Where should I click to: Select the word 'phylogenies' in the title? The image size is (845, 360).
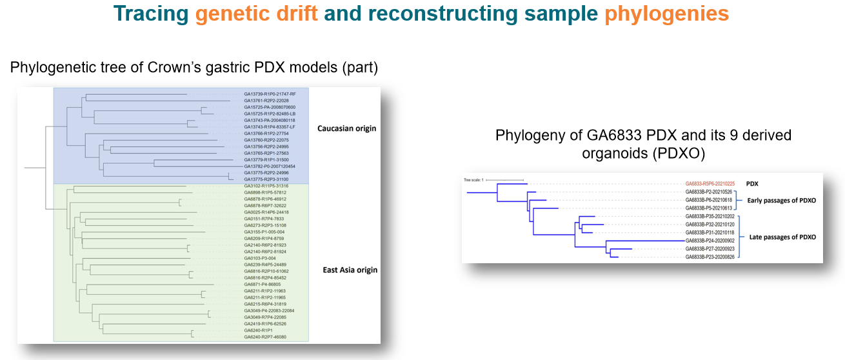pos(667,14)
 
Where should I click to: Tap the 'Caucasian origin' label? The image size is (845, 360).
pos(346,128)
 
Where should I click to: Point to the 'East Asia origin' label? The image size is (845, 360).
pos(350,270)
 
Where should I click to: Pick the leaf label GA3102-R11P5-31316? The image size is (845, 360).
pos(266,186)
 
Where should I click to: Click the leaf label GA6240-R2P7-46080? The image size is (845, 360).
pos(265,337)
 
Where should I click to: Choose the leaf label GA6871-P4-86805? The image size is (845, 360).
pos(263,285)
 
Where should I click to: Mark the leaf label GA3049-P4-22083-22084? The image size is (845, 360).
pos(269,310)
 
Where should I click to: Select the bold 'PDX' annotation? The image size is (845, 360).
pos(752,183)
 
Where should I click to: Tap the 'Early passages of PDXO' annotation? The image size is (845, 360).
pos(781,200)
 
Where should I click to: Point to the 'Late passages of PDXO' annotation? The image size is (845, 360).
pos(782,237)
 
